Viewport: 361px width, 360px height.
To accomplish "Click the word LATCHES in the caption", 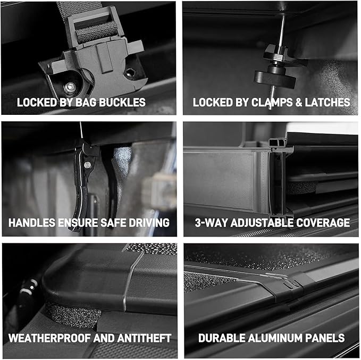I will [x=326, y=102].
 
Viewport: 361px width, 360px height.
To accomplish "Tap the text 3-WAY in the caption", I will [x=208, y=223].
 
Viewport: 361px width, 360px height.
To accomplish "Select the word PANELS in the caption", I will [x=326, y=338].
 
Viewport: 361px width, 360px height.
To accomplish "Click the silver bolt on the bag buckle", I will [x=69, y=87].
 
